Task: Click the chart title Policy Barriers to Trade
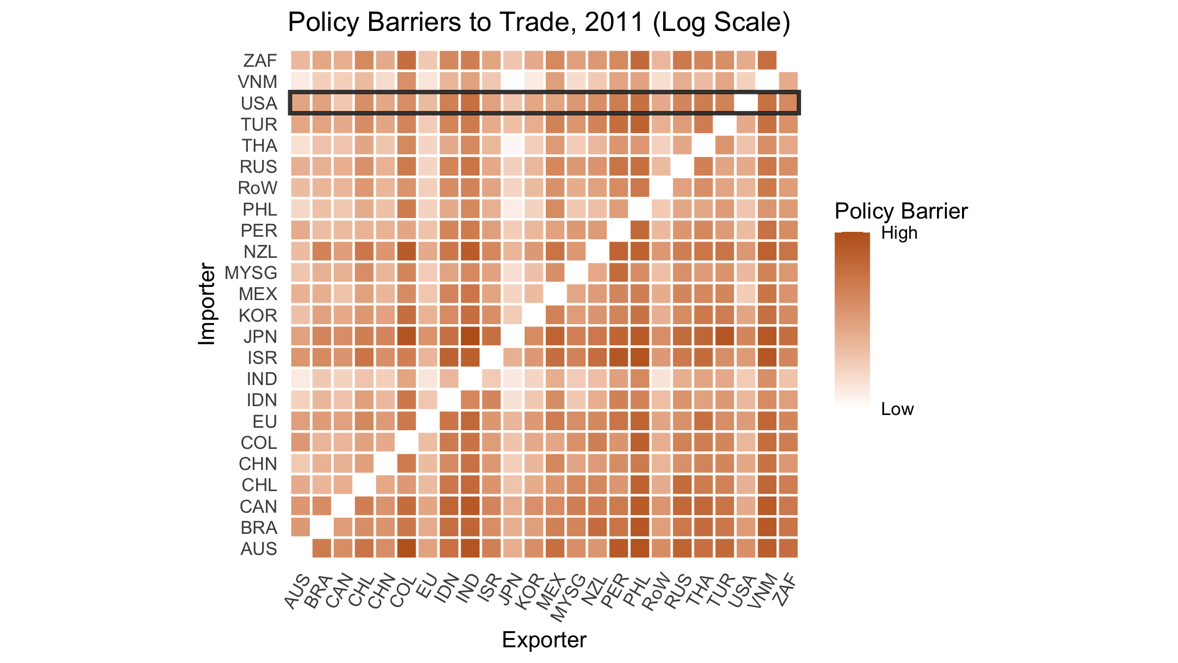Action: click(539, 23)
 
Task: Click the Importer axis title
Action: click(207, 304)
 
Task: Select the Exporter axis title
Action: click(544, 640)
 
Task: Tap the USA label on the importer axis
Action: click(259, 103)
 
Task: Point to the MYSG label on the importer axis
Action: click(251, 273)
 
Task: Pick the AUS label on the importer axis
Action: click(259, 549)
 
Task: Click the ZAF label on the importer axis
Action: click(260, 60)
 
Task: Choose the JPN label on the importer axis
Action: click(260, 336)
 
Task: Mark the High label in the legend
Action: click(899, 233)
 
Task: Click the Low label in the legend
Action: click(897, 409)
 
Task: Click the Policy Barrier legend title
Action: click(901, 211)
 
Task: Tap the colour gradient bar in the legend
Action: click(852, 319)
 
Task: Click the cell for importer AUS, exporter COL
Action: click(406, 548)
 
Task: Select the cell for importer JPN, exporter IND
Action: click(470, 336)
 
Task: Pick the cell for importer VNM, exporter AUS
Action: click(300, 82)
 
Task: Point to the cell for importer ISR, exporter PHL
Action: click(640, 357)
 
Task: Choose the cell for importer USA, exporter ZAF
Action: click(788, 103)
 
